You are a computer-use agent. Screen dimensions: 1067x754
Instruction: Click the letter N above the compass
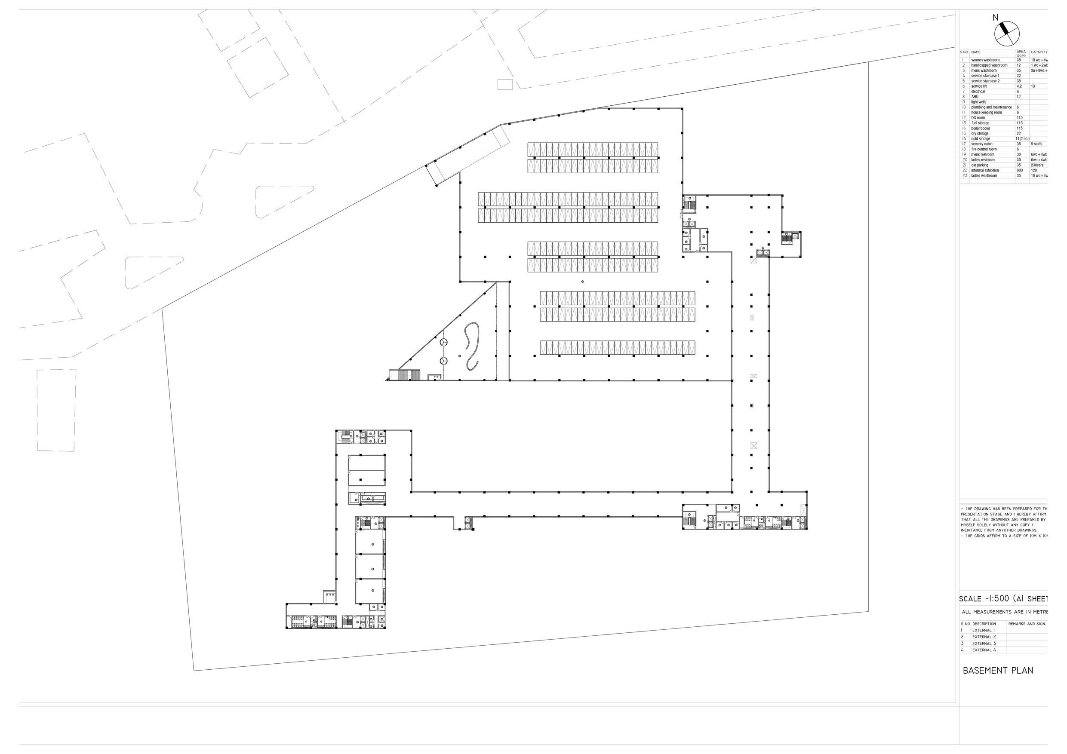pos(995,18)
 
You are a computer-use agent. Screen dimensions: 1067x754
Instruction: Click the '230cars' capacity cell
pos(1037,166)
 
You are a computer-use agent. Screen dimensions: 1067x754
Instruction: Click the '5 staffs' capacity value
pos(1036,144)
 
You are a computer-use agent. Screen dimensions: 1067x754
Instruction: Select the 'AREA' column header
pos(1021,52)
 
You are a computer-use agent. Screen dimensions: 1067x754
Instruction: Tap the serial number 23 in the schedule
pos(964,176)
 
